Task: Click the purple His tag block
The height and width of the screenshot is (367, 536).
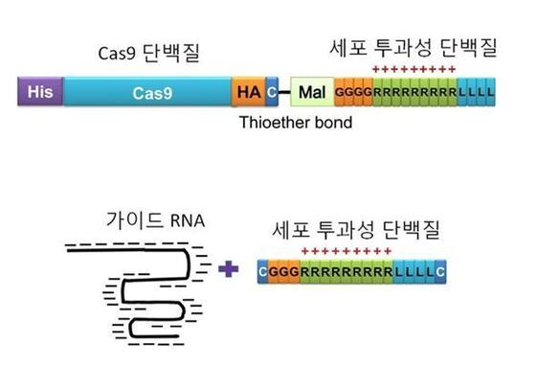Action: pos(39,92)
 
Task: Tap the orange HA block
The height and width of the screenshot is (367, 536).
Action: pos(247,92)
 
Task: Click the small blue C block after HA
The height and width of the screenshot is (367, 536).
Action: pos(271,92)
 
